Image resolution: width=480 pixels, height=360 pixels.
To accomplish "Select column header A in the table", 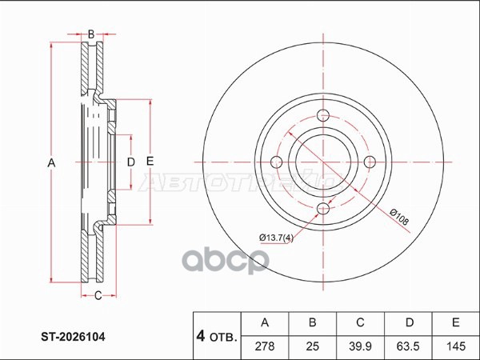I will (x=265, y=323).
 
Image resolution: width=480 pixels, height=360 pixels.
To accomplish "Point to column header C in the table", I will (x=360, y=323).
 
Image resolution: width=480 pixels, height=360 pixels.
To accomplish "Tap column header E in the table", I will (x=455, y=323).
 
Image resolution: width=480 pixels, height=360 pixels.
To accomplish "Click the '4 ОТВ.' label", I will (x=216, y=337).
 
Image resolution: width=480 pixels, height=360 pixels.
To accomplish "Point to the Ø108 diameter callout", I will (x=401, y=214).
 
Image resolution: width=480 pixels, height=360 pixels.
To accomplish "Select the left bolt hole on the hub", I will (x=277, y=162).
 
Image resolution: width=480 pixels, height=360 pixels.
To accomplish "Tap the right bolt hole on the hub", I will (x=370, y=162).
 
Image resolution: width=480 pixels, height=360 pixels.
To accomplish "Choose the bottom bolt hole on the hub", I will (x=323, y=209).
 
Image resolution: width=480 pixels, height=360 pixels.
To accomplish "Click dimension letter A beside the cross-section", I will (x=51, y=163).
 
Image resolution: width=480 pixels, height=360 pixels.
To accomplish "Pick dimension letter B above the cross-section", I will (x=91, y=34).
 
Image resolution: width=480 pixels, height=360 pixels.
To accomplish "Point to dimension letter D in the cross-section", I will (x=130, y=163).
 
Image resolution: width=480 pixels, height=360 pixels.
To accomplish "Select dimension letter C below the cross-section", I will (x=98, y=298).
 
